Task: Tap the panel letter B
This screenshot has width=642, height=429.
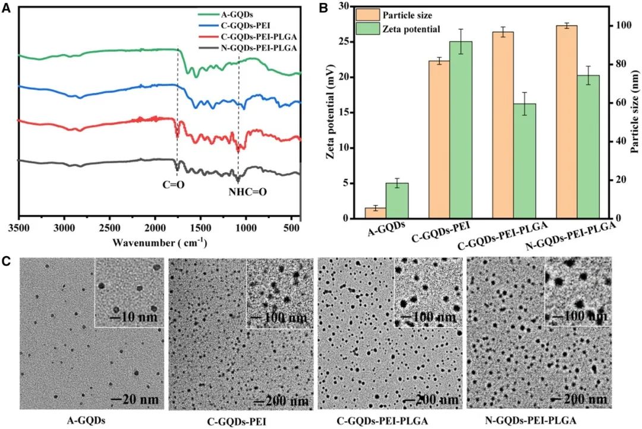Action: tap(323, 8)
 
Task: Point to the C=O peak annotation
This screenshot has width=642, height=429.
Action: tap(174, 185)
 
